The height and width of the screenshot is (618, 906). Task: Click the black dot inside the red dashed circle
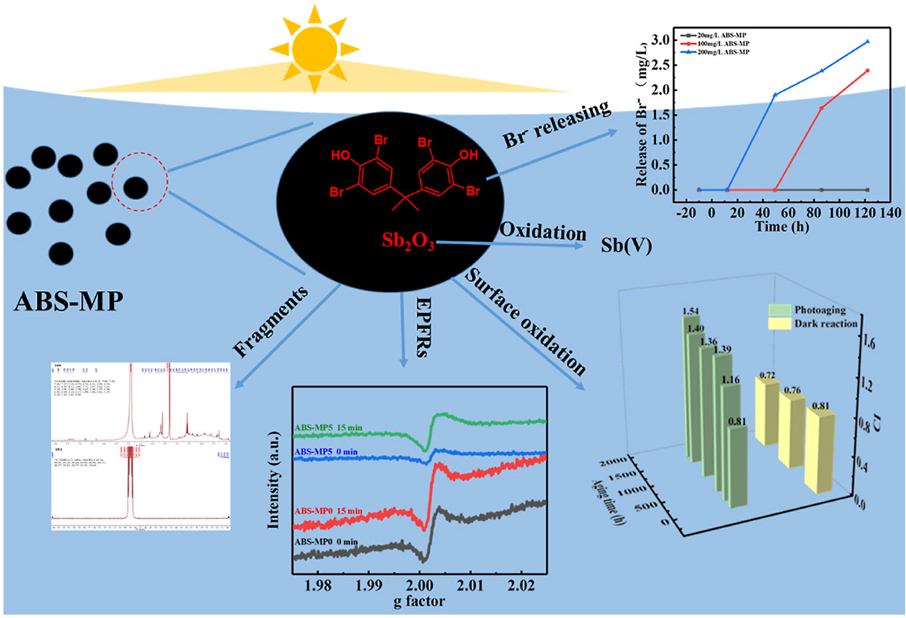[135, 187]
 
